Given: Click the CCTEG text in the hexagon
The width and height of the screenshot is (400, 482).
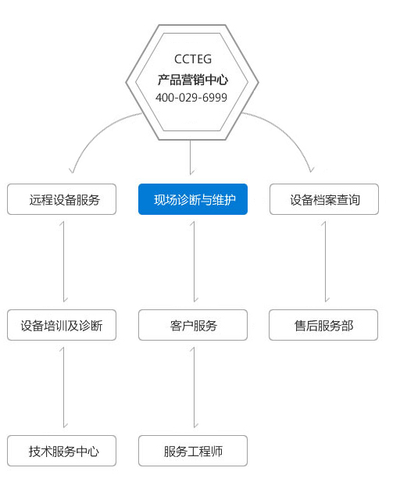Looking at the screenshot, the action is [x=193, y=59].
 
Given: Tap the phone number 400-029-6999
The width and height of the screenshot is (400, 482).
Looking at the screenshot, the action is [x=191, y=98].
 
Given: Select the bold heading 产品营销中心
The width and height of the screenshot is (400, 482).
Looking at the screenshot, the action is [x=193, y=80].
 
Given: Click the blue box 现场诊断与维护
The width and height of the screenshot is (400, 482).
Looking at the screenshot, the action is [x=193, y=199].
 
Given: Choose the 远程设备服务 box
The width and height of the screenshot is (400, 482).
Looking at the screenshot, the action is [x=62, y=199].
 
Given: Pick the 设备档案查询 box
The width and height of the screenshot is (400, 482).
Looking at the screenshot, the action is [x=324, y=199].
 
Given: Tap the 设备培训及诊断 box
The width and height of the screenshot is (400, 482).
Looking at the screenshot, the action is [x=62, y=325].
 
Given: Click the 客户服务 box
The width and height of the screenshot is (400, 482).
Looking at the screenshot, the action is [x=193, y=325].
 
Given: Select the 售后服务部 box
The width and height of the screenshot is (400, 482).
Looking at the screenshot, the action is [x=323, y=325].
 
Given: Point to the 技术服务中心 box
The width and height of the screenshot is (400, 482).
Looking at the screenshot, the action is [x=62, y=451].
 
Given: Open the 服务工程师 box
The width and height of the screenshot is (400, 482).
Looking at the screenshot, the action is [x=193, y=451].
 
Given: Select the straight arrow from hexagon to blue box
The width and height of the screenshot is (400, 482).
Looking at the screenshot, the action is [x=191, y=157].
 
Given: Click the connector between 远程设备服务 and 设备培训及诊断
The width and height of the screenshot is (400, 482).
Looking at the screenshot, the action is [x=63, y=262].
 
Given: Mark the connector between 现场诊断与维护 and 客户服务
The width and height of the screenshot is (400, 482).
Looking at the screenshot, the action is [x=195, y=262].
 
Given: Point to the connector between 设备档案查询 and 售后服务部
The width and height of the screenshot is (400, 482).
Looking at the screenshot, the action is [x=325, y=262].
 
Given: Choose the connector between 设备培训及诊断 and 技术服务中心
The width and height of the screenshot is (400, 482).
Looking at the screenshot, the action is [x=63, y=387].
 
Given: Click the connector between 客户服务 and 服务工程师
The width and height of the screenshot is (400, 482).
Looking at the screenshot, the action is [x=195, y=387].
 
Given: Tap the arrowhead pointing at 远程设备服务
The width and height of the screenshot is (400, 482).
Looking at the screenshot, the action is [x=72, y=170].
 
